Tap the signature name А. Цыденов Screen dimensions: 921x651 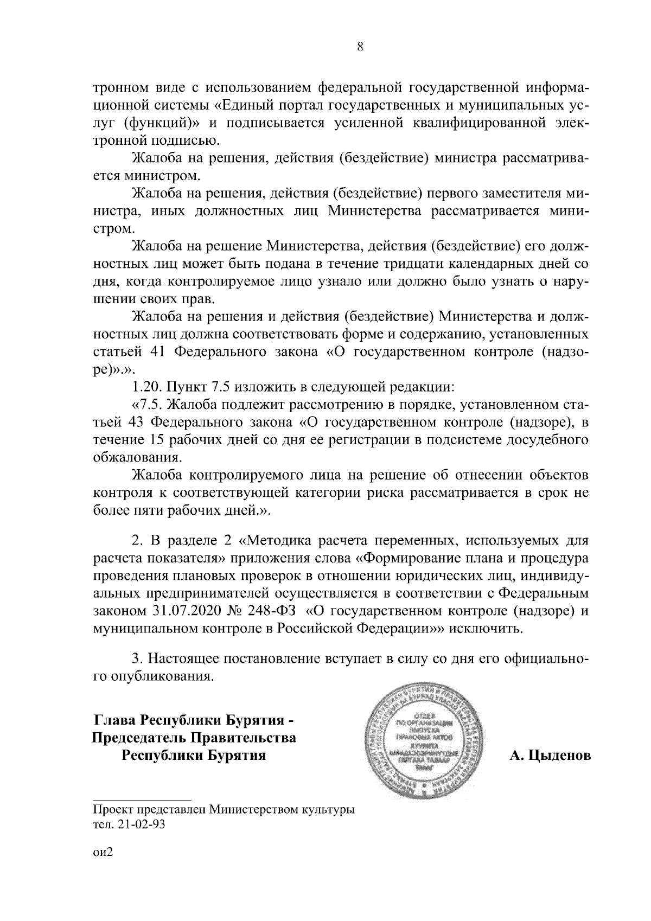[550, 756]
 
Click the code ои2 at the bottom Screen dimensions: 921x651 [103, 866]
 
